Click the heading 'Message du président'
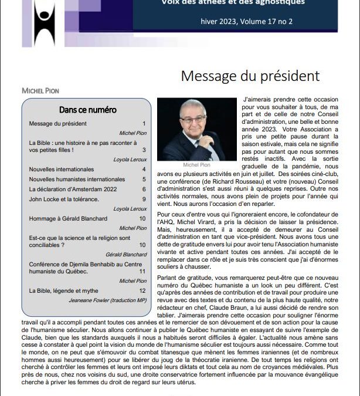250,76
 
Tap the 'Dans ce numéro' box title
88,110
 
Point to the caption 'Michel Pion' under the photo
196,165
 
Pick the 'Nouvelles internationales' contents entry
62,170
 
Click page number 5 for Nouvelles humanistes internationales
143,180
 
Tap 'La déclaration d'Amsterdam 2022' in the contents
73,189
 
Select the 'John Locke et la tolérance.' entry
64,199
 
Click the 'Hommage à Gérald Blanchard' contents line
67,219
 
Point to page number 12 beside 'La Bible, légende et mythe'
142,291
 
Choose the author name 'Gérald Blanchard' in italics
126,255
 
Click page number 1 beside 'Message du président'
144,124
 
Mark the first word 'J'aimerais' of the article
256,100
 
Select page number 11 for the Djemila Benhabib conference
142,272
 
